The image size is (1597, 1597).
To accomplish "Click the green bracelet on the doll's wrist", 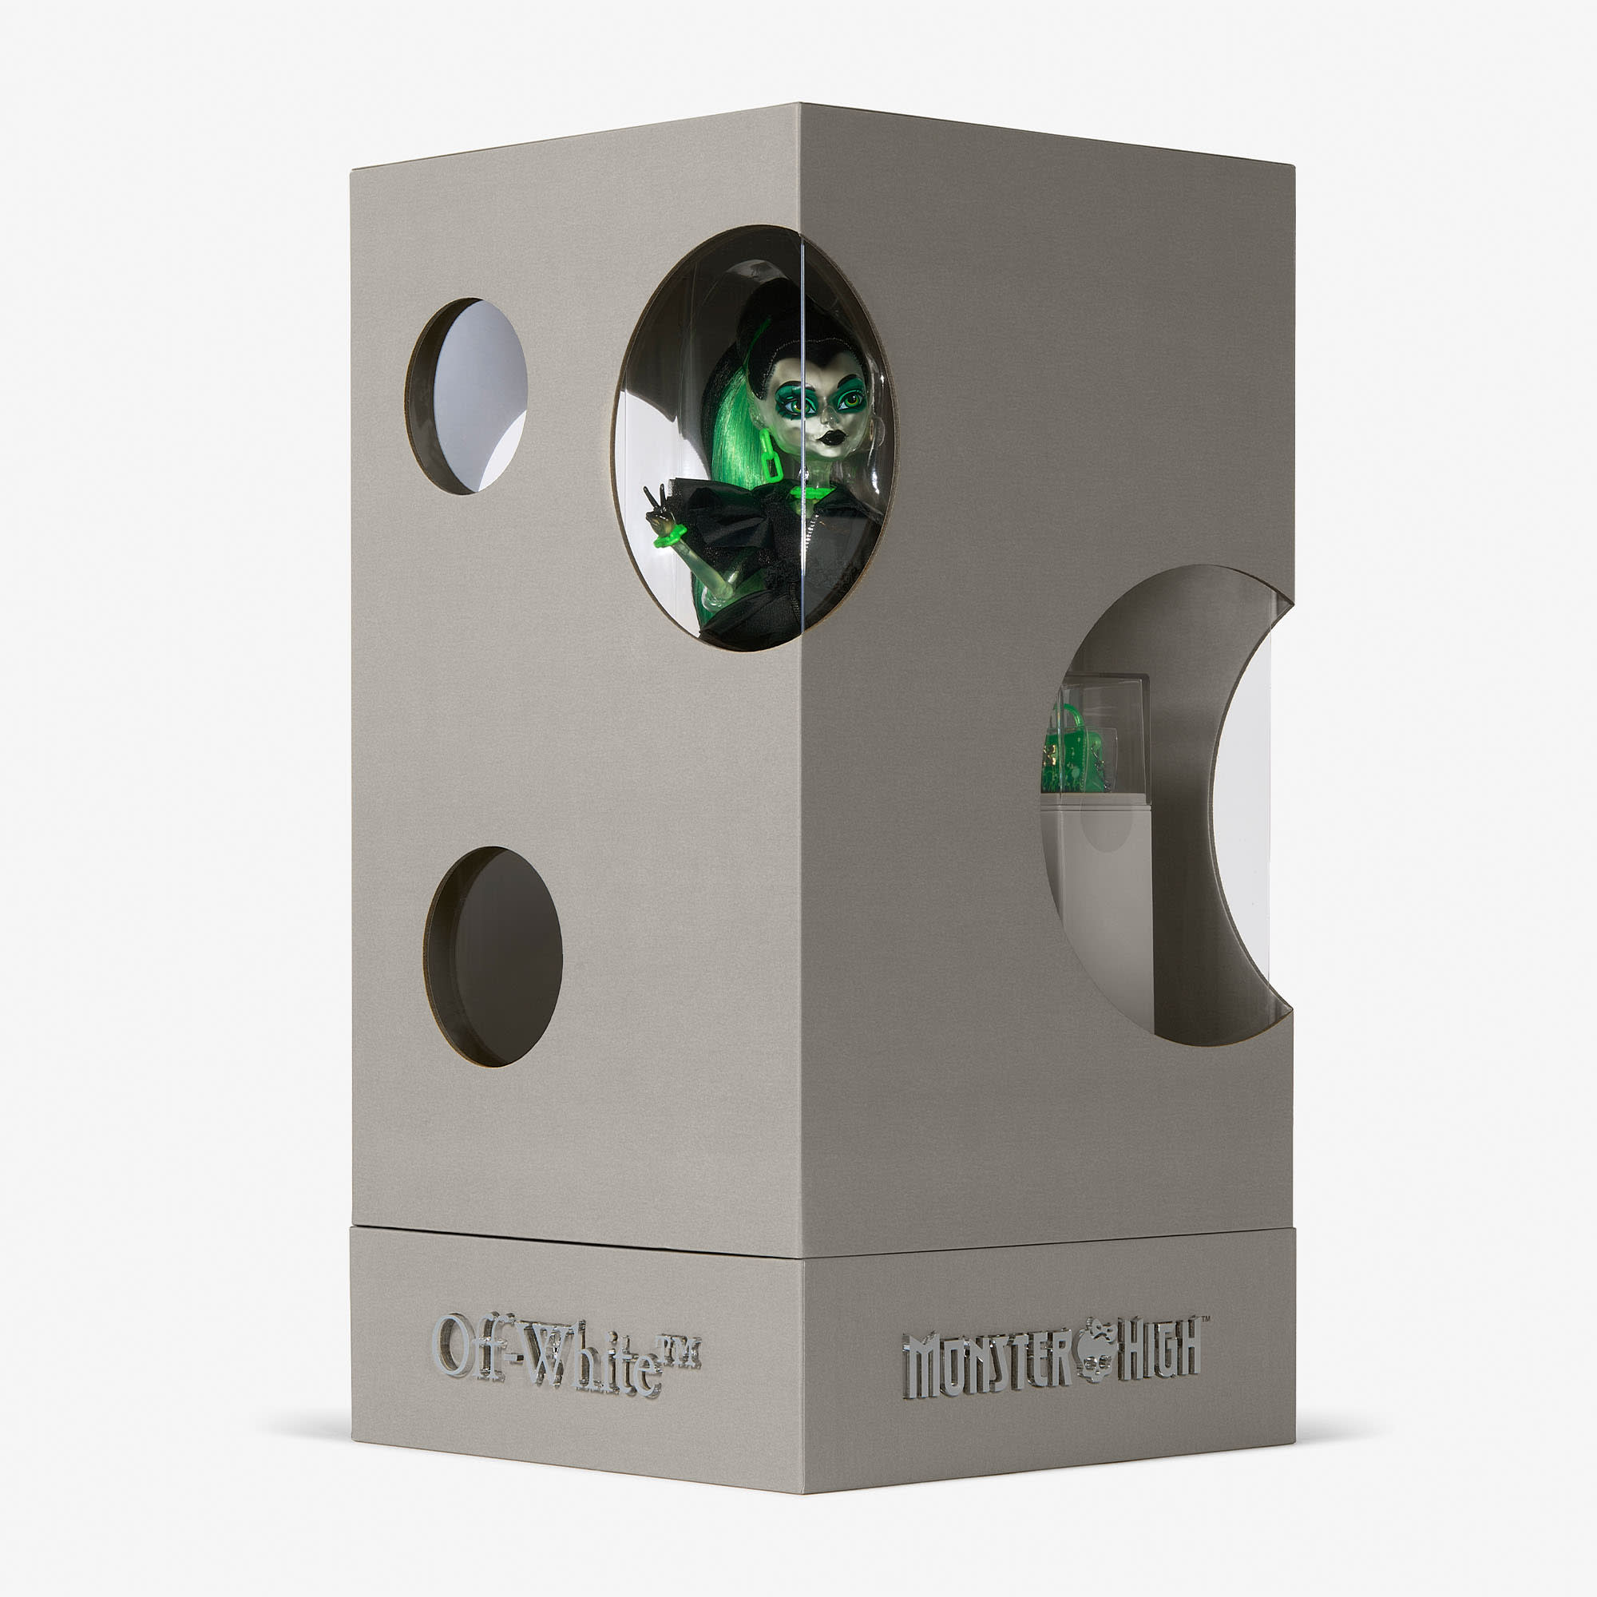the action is point(671,536).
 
